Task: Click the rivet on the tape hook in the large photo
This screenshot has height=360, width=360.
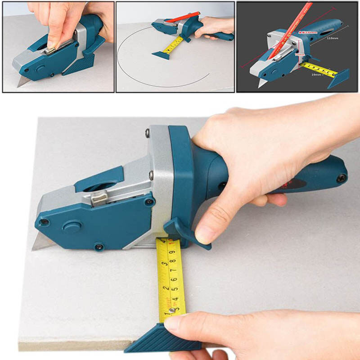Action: click(172, 310)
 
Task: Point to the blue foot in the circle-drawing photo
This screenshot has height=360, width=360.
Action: click(160, 55)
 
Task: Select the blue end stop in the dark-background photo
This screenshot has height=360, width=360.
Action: click(338, 78)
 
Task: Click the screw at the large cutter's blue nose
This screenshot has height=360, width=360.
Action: click(45, 222)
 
